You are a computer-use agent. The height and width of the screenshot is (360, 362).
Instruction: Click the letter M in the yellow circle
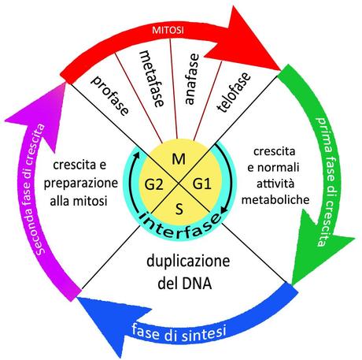click(x=179, y=160)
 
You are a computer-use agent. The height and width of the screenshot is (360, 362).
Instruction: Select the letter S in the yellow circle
click(x=179, y=210)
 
